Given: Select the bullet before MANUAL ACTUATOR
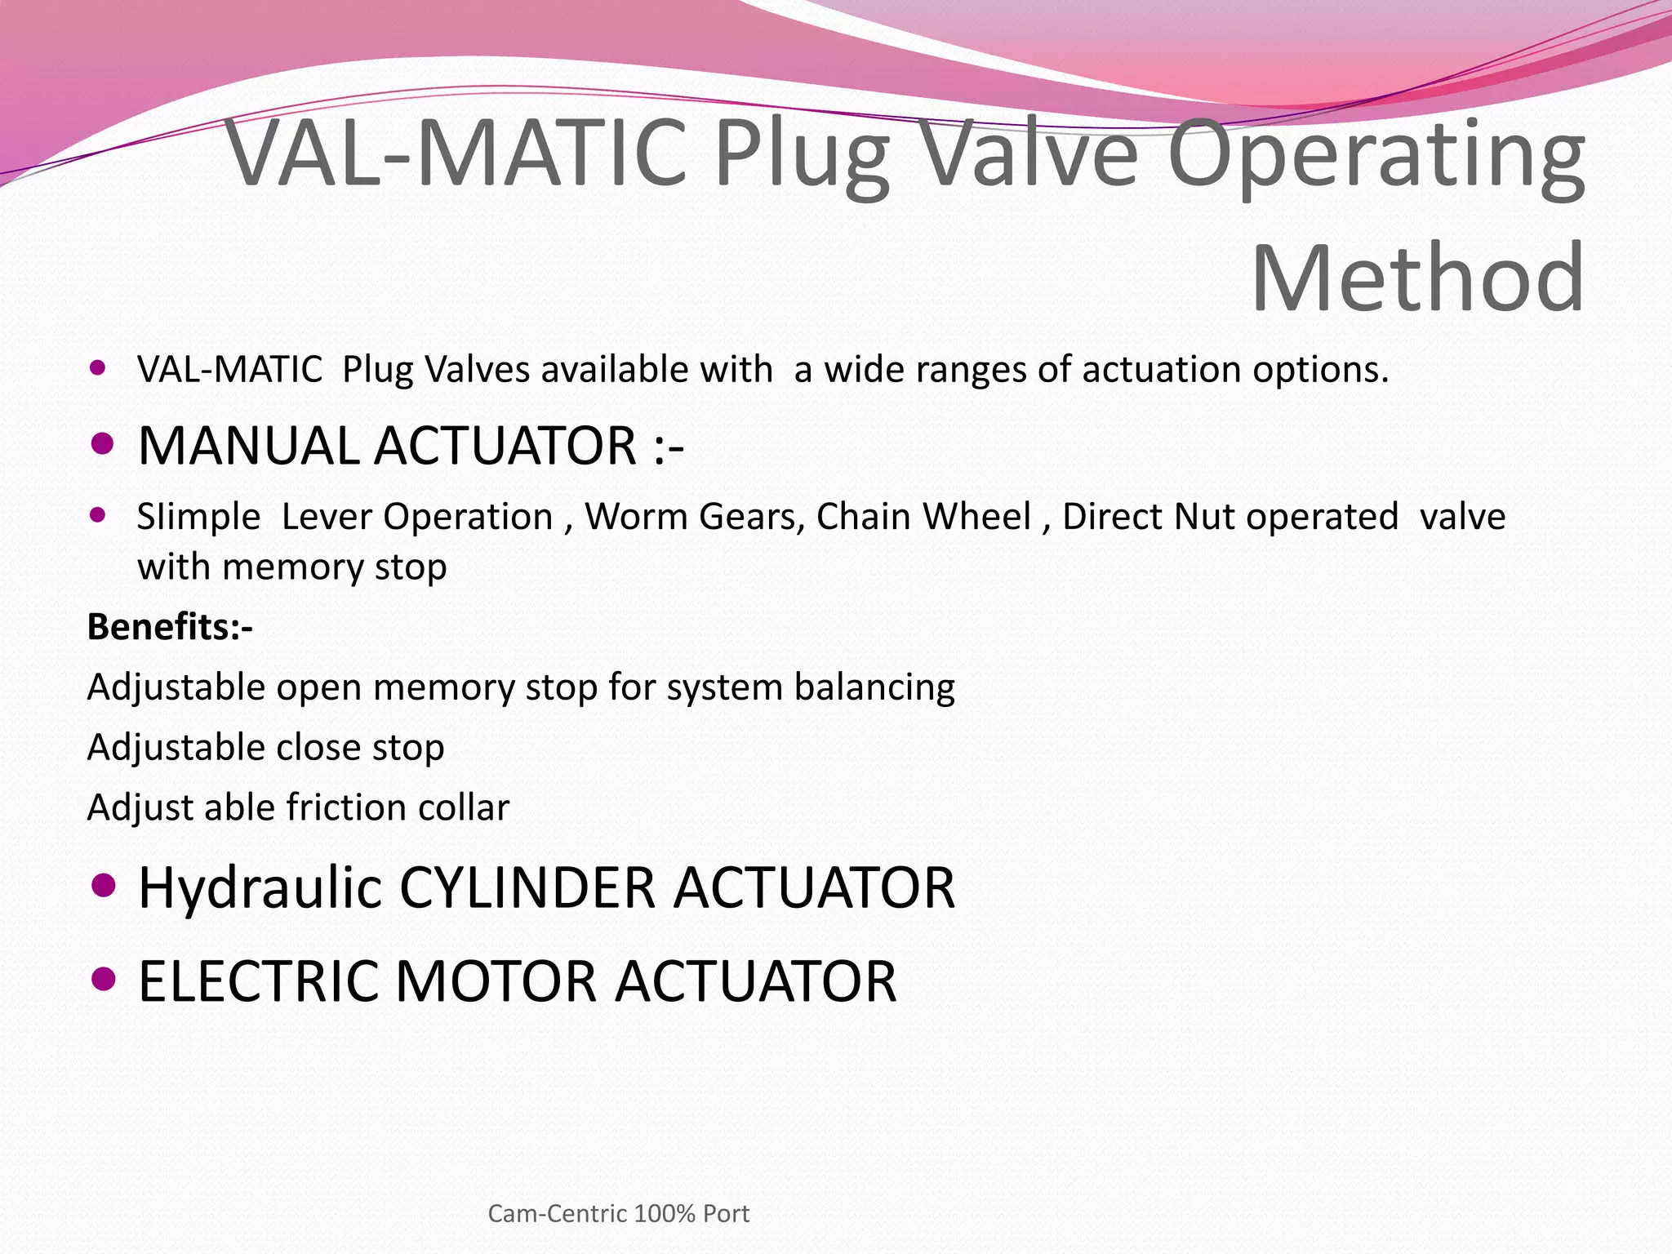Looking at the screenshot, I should pos(102,444).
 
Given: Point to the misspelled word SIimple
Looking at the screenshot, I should pos(198,517).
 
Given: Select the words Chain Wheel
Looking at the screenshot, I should pos(923,517).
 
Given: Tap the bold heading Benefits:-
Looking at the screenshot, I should pos(170,627).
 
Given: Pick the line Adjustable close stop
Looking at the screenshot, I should pos(265,747).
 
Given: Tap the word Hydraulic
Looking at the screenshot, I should pos(260,888).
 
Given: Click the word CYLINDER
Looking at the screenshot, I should pos(527,888).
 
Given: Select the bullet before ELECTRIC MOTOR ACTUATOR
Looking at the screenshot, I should pos(103,978).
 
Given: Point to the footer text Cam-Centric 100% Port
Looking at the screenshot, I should pos(618,1213).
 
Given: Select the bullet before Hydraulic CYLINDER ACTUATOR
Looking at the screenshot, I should pos(103,885).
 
